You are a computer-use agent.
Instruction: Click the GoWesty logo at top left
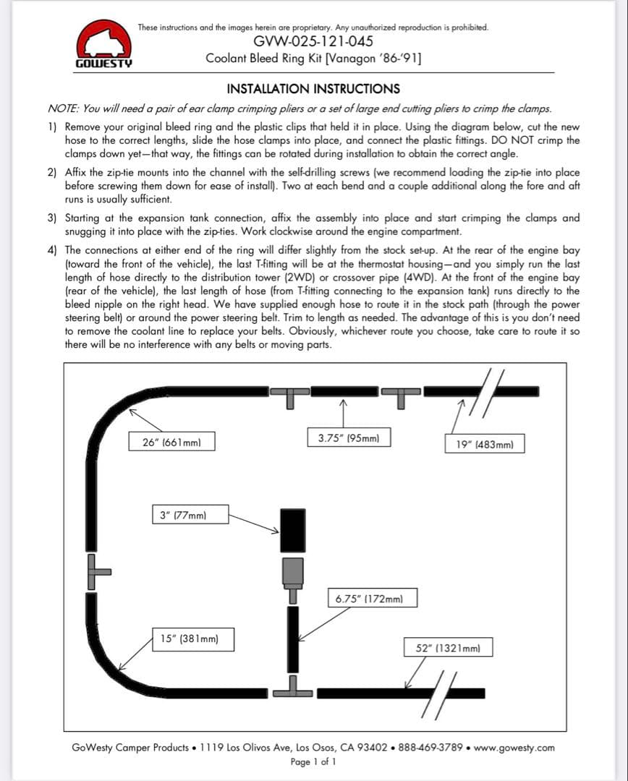pos(103,46)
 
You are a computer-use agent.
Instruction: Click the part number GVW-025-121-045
pos(313,41)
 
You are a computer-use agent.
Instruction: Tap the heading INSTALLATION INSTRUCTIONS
pos(313,89)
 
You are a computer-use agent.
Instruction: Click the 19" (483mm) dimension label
pos(485,444)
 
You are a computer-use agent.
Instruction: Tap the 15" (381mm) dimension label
pos(192,639)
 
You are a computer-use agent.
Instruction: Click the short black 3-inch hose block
pos(292,530)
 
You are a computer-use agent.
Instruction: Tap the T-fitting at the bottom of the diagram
pos(294,687)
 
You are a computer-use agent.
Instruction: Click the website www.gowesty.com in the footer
pos(514,747)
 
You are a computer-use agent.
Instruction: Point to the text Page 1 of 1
pos(313,761)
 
